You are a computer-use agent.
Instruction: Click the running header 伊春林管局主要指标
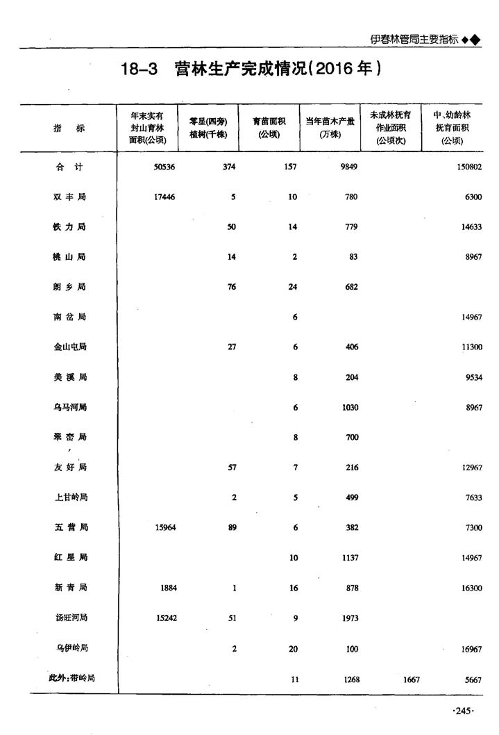[x=414, y=40]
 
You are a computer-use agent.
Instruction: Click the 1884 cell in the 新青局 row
[x=167, y=588]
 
